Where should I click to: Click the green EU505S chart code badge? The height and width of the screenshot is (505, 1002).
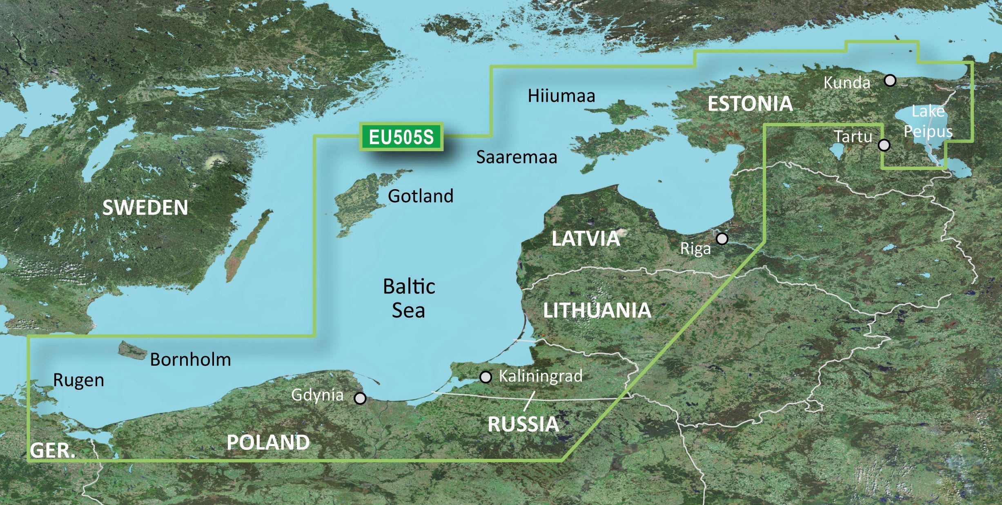coord(401,137)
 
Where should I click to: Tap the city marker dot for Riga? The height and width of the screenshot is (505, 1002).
coord(722,239)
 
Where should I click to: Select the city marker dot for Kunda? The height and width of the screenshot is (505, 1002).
coord(890,80)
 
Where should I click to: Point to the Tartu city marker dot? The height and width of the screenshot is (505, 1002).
coord(884,145)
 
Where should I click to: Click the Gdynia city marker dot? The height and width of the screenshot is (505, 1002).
coord(360,398)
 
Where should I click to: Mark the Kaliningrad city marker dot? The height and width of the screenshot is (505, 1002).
coord(485,377)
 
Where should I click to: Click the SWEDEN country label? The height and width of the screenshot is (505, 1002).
coord(145,208)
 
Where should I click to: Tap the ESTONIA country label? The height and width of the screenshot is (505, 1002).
coord(750,104)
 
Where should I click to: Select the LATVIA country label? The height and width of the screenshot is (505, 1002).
coord(586,239)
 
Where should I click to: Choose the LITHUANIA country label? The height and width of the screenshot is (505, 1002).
coord(597,311)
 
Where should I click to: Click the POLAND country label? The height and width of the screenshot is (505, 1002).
coord(268,442)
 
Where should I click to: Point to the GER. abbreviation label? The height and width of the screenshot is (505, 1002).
coord(53,451)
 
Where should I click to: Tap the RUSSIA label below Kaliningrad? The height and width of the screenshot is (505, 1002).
coord(523,424)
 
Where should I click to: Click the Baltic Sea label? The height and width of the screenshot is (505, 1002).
coord(409,298)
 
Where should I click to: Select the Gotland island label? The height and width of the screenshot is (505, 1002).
coord(421,196)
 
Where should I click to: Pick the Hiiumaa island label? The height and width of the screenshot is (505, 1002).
coord(561,96)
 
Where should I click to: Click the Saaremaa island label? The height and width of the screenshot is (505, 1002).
coord(517,157)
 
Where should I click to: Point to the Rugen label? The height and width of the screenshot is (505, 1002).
coord(78,380)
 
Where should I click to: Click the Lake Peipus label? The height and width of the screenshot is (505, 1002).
coord(928,121)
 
